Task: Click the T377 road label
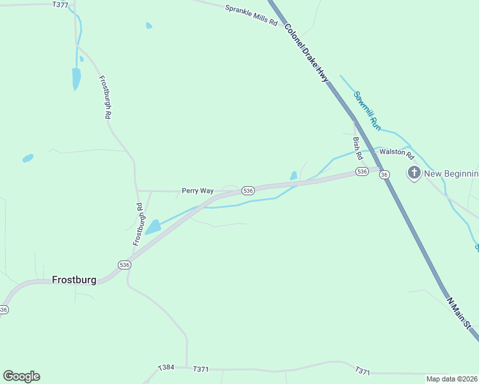coord(60,4)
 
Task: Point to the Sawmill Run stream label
coord(368,108)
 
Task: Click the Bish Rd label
coord(358,148)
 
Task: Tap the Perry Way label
coord(197,191)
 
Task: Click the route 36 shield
coord(384,174)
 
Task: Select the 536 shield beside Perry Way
coord(248,191)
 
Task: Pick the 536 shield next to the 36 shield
coord(362,172)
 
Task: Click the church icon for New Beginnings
coord(414,173)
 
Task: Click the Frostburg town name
coord(74,280)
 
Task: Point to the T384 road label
coord(166,368)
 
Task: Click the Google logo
coord(21,376)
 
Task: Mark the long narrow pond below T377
coord(76,78)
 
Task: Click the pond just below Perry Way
coord(153,227)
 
